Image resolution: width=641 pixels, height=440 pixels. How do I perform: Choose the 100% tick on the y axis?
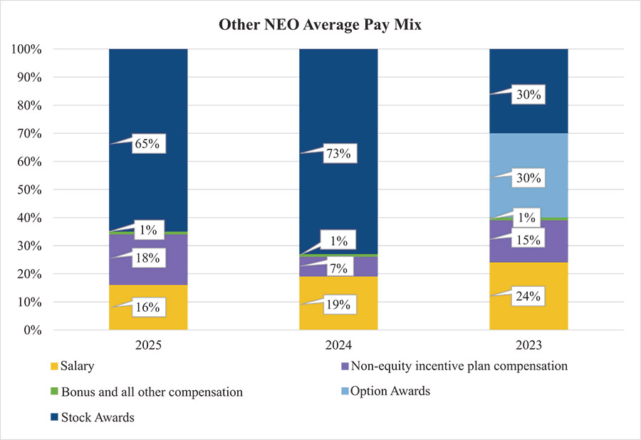click(x=27, y=49)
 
